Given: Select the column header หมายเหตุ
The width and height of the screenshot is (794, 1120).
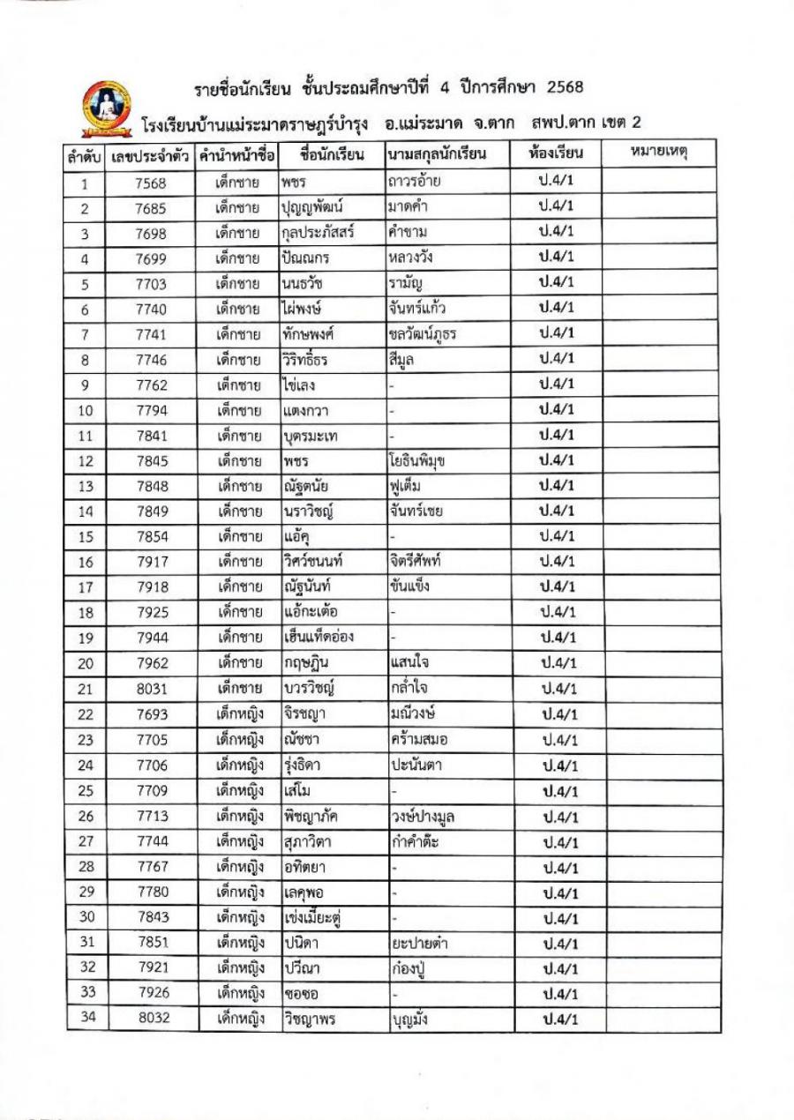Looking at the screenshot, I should pos(659,153).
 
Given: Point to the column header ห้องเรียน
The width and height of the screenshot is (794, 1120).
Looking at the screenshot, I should pos(556,153).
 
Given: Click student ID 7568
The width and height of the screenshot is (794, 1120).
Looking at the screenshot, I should pos(151,183).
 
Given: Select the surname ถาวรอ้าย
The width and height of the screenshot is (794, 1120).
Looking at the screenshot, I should pos(414,183).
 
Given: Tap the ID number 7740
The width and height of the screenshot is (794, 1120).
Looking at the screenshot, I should pos(151,310).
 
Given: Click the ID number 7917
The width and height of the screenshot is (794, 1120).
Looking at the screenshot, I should pos(151,562).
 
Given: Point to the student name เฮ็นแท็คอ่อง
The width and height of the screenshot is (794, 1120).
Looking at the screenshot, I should pos(319,638).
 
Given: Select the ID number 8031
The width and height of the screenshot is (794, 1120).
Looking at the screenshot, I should pos(151,689).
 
